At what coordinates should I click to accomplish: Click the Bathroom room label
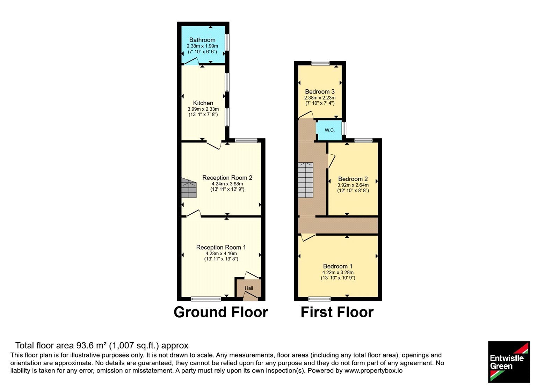(202, 40)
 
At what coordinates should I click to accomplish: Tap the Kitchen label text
(203, 103)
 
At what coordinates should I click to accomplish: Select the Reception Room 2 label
(227, 178)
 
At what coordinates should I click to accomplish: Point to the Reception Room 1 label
(221, 248)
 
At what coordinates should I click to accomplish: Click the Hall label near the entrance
(249, 288)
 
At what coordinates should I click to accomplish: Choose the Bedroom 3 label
(320, 91)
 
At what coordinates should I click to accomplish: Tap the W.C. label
(330, 130)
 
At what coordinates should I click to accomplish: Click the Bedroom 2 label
(353, 179)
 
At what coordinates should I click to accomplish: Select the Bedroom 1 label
(338, 266)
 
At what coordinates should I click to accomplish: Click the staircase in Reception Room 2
(189, 188)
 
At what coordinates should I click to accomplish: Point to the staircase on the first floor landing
(306, 180)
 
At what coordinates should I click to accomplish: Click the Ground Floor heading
(221, 312)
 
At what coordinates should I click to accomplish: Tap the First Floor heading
(337, 312)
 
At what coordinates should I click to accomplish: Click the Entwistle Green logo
(509, 362)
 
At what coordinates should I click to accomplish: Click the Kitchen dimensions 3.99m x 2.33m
(203, 109)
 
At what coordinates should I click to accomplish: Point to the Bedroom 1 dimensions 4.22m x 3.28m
(338, 273)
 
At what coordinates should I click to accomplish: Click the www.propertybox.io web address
(373, 370)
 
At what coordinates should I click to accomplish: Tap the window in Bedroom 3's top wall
(320, 63)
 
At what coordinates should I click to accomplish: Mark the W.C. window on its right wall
(344, 128)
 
